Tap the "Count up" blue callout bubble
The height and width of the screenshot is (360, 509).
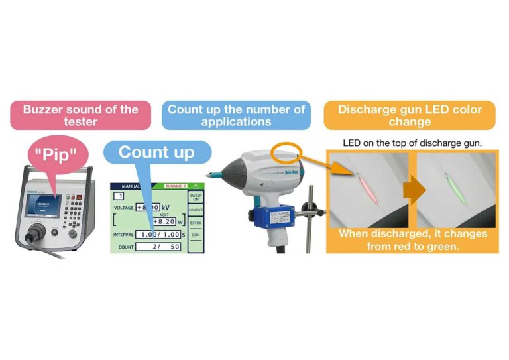pyautogui.click(x=156, y=152)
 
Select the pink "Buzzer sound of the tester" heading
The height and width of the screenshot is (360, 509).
pyautogui.click(x=80, y=115)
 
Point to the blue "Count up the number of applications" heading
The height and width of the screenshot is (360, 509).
pyautogui.click(x=236, y=115)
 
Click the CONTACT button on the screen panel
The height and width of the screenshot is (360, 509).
pyautogui.click(x=196, y=210)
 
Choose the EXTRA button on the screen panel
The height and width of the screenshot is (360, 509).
pyautogui.click(x=196, y=223)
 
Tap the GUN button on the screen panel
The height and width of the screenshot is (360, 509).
pyautogui.click(x=196, y=235)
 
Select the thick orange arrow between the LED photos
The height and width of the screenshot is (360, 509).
pyautogui.click(x=414, y=190)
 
